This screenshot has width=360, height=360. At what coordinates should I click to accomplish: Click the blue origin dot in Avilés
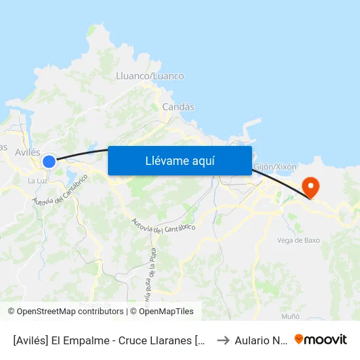(x=49, y=161)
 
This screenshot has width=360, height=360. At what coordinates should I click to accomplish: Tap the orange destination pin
(x=312, y=187)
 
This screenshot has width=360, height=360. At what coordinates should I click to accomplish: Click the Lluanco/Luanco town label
(x=149, y=76)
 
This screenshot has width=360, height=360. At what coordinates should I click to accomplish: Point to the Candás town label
(x=178, y=107)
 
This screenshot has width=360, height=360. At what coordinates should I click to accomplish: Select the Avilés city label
(x=27, y=152)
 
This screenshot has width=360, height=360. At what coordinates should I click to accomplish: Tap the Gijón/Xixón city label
(x=274, y=167)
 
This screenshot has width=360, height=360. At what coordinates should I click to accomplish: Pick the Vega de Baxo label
(x=298, y=240)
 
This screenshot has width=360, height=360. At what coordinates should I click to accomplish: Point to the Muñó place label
(x=290, y=316)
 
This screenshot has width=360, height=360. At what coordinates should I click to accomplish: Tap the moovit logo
(x=321, y=339)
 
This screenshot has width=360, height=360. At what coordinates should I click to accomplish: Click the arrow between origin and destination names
(x=223, y=340)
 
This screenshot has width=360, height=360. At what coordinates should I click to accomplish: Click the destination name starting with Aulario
(x=261, y=340)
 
